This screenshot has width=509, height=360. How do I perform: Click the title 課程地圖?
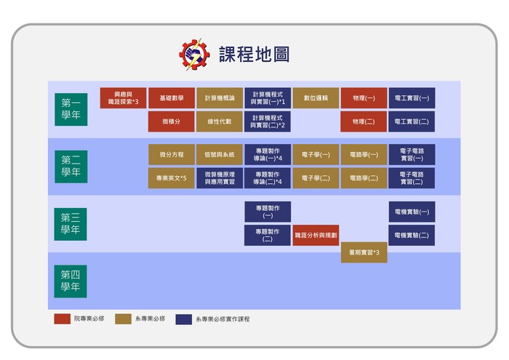point(254,55)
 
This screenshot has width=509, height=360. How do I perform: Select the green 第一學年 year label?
point(71,108)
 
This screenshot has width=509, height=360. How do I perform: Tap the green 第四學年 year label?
point(71,281)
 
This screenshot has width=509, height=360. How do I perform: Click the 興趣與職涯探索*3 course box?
point(123,98)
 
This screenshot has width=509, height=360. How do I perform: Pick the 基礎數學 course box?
point(171,98)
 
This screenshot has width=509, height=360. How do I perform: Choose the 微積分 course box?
point(171,121)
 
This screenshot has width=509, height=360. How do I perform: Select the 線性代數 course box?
point(219,121)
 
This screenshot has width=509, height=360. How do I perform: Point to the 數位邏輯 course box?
point(316,98)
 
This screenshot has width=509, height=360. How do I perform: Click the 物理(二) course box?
point(364,121)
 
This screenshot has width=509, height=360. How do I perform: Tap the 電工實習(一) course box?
point(412,98)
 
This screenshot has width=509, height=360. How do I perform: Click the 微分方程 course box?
point(171,155)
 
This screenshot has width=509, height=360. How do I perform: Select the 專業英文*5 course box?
point(171,178)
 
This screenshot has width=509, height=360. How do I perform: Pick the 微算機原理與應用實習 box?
point(219,178)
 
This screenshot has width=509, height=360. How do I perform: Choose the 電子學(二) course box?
point(316,178)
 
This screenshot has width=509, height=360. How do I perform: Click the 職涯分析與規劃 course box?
point(316,236)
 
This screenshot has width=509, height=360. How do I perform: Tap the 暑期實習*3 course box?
point(364,252)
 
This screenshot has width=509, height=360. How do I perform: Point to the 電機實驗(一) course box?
point(412,212)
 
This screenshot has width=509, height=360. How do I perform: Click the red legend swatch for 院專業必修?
point(62,319)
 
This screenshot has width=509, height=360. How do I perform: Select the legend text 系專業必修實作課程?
point(223,319)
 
